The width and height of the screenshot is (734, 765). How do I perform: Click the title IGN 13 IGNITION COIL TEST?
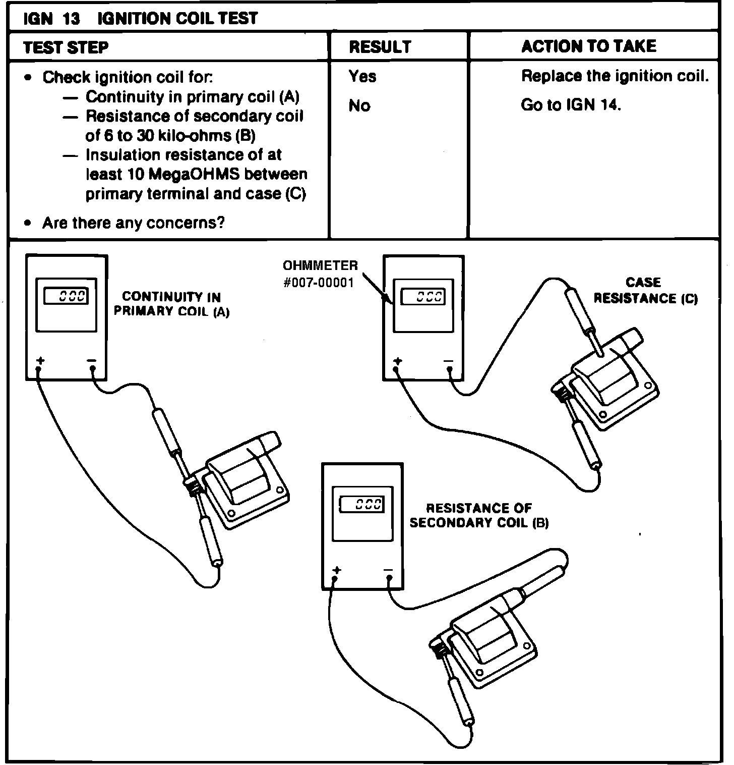click(141, 19)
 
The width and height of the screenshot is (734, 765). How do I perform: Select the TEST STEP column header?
click(66, 47)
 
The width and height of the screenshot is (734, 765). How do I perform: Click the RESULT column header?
click(380, 47)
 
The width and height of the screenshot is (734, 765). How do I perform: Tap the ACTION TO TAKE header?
click(588, 46)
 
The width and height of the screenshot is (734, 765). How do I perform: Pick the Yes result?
click(362, 76)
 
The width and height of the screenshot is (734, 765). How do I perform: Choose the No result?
click(359, 105)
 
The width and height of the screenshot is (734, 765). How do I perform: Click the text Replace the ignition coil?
click(615, 76)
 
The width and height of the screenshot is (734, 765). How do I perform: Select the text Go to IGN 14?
click(571, 105)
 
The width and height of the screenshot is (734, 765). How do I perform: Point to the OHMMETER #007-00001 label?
click(320, 274)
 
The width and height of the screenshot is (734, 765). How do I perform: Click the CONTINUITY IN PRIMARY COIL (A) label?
click(171, 304)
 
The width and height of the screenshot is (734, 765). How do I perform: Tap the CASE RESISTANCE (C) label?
click(645, 290)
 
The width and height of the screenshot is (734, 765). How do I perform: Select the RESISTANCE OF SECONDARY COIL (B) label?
click(479, 515)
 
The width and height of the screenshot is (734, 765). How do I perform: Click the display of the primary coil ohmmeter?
click(66, 296)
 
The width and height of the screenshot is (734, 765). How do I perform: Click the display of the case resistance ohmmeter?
click(423, 296)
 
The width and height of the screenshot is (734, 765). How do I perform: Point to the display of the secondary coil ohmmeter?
click(362, 504)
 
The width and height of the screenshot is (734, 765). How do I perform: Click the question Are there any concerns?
click(133, 223)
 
